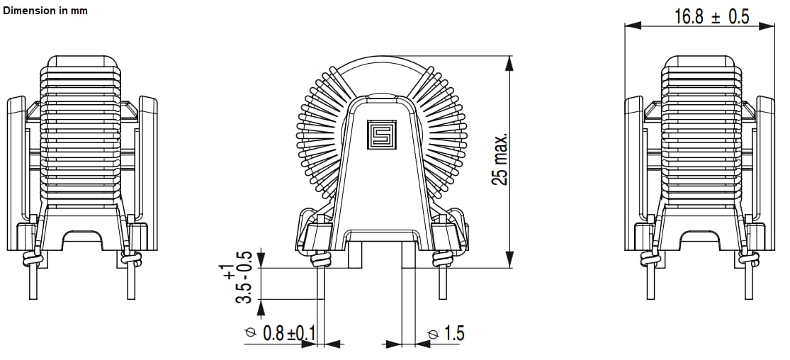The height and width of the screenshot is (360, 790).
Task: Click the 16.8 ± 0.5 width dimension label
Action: (711, 17)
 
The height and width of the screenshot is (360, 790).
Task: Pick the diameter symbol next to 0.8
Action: (250, 333)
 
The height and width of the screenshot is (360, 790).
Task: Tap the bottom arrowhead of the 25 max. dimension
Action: (509, 262)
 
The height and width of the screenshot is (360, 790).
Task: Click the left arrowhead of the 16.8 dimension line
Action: (631, 26)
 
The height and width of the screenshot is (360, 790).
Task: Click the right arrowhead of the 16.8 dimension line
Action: (770, 26)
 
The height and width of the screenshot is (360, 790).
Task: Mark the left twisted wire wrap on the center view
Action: (320, 259)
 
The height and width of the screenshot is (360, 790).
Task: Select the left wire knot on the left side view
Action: (31, 259)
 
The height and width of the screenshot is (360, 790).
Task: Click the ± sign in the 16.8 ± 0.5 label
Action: (716, 17)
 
